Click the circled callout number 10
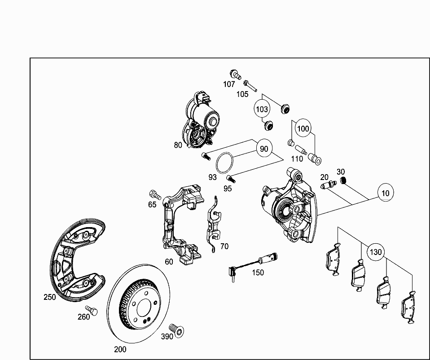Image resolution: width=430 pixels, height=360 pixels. click(385, 193)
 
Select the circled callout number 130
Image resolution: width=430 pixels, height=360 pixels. click(375, 252)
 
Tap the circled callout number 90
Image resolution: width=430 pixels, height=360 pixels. click(264, 148)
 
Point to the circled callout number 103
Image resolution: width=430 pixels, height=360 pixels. click(262, 109)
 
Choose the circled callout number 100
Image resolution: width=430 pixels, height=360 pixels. click(303, 128)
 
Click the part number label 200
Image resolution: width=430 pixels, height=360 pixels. click(120, 349)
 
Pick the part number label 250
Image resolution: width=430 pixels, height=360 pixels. click(50, 297)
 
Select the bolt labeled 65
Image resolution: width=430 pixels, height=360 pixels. click(154, 195)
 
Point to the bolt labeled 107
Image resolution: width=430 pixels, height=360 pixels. click(234, 74)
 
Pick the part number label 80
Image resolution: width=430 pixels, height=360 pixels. click(178, 145)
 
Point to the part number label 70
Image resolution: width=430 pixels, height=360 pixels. click(224, 246)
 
